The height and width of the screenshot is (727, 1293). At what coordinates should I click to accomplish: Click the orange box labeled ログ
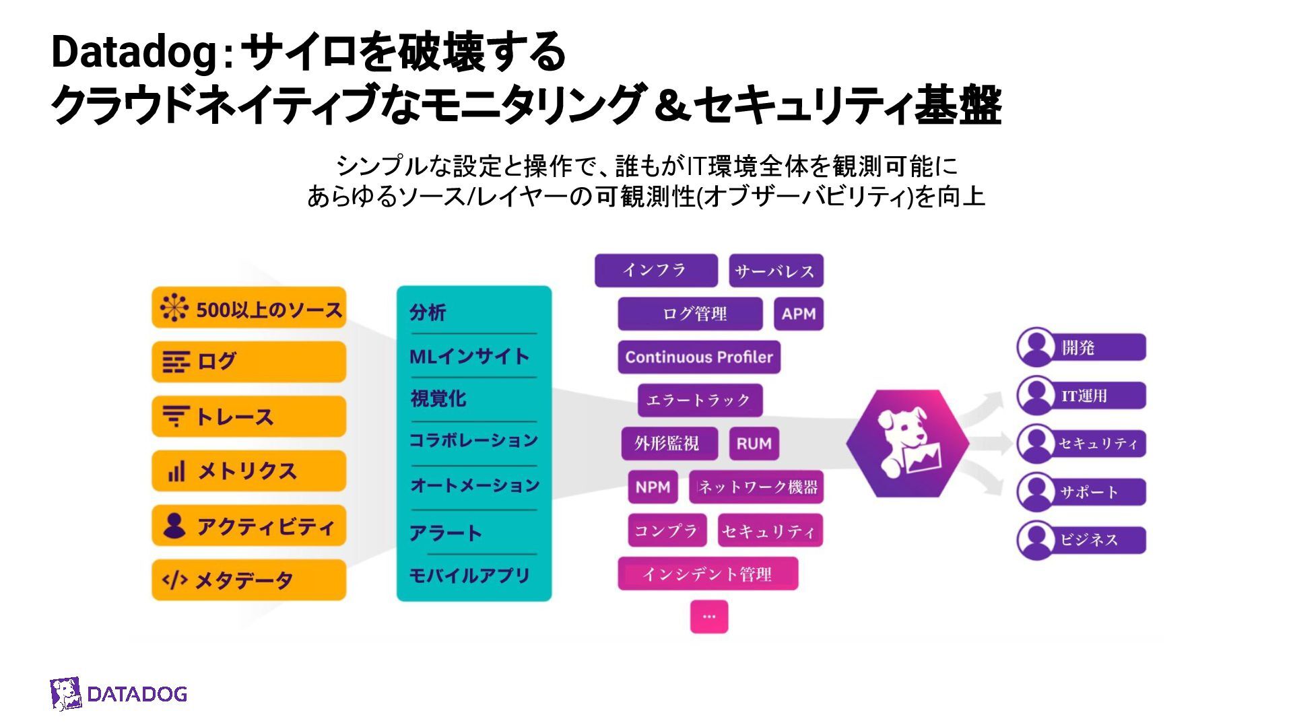[x=248, y=361]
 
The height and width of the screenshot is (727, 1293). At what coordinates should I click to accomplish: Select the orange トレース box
[x=248, y=417]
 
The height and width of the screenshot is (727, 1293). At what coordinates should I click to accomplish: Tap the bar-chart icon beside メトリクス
[x=176, y=471]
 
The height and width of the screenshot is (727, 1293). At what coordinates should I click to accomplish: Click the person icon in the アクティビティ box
[x=174, y=526]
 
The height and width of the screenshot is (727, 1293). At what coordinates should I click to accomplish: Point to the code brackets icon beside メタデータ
[x=174, y=580]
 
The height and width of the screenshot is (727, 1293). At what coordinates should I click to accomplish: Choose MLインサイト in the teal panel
[x=469, y=356]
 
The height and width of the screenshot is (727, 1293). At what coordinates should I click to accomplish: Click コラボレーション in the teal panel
[x=473, y=440]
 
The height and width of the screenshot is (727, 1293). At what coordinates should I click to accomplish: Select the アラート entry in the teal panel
[x=446, y=533]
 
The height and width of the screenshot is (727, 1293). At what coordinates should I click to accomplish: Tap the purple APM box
[x=799, y=314]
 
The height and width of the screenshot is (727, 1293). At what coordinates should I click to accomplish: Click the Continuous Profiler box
[x=699, y=357]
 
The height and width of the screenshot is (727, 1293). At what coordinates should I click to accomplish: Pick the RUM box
[x=754, y=444]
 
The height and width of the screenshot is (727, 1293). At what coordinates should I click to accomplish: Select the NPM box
[x=653, y=487]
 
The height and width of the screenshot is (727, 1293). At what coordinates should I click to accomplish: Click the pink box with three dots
[x=709, y=616]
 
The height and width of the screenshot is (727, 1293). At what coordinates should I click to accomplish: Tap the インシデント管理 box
[x=708, y=574]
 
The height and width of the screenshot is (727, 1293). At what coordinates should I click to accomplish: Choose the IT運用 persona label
[x=1084, y=396]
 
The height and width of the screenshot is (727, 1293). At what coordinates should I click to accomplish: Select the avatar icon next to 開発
[x=1036, y=347]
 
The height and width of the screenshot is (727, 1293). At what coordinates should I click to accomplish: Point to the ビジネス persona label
[x=1089, y=540]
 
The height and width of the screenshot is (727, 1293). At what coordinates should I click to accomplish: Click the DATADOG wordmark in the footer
[x=137, y=694]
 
